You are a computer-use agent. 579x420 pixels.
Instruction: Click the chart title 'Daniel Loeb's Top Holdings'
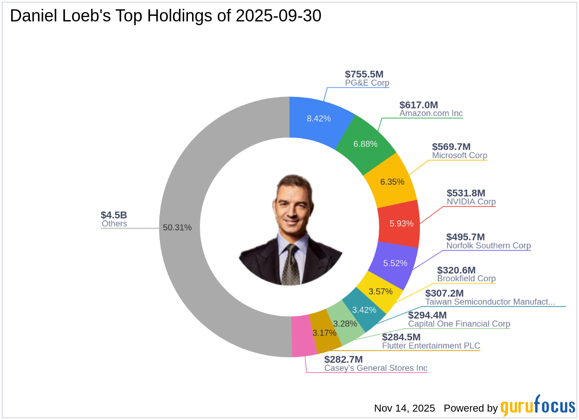165,16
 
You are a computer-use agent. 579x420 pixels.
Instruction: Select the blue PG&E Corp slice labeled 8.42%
319,118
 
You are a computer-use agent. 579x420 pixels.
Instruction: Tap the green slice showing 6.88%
365,144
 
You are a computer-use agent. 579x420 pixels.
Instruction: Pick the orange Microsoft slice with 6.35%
392,182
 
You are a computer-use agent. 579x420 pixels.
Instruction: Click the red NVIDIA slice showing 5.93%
401,223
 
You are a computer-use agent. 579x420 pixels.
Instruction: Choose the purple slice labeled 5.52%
395,263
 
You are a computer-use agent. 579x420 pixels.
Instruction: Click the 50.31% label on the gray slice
177,228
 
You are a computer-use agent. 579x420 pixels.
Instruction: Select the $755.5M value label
364,74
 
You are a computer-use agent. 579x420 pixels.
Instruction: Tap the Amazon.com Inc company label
431,113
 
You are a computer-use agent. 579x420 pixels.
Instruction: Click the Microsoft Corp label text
459,156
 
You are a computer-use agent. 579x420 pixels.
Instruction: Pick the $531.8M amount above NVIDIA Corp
466,193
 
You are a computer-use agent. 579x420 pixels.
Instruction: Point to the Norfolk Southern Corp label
488,245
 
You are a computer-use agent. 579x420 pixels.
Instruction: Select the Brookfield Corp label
466,278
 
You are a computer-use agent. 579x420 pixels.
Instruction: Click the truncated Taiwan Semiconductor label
490,302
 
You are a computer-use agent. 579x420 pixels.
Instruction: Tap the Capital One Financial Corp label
459,324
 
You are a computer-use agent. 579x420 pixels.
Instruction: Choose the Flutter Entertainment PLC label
431,345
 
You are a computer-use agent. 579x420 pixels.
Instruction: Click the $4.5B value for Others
114,215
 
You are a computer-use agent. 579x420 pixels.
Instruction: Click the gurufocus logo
538,406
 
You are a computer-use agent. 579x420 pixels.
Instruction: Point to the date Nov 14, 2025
404,408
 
